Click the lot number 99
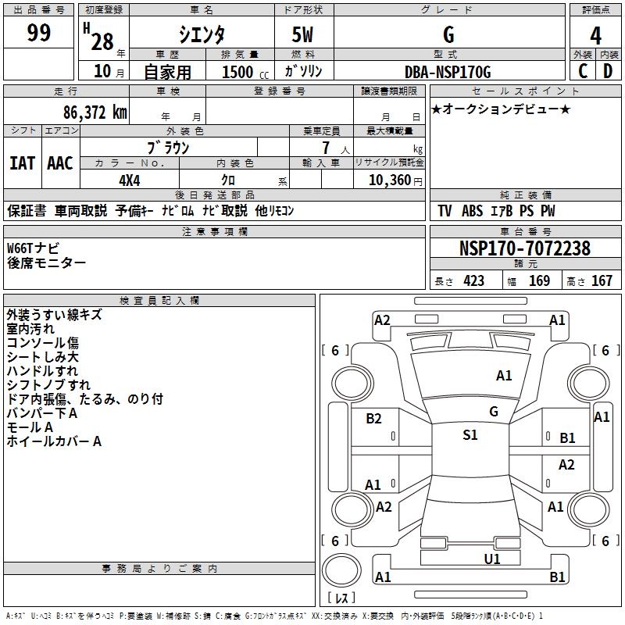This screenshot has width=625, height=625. (39, 33)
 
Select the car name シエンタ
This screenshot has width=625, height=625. (202, 34)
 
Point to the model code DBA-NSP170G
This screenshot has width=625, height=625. (448, 73)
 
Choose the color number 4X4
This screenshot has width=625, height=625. (130, 179)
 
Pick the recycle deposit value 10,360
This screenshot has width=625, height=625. (387, 180)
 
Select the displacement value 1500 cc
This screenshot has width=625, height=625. (242, 73)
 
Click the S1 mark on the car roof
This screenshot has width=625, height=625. (470, 435)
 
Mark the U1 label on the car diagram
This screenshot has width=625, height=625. (492, 559)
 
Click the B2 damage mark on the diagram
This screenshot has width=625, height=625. (374, 419)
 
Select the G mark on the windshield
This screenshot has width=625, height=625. (493, 411)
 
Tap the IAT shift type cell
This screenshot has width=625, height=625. (22, 163)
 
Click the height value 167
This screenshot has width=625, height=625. (602, 281)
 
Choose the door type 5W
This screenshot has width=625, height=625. (302, 34)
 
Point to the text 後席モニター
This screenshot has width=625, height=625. (47, 263)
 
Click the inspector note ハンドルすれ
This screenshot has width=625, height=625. (43, 371)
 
